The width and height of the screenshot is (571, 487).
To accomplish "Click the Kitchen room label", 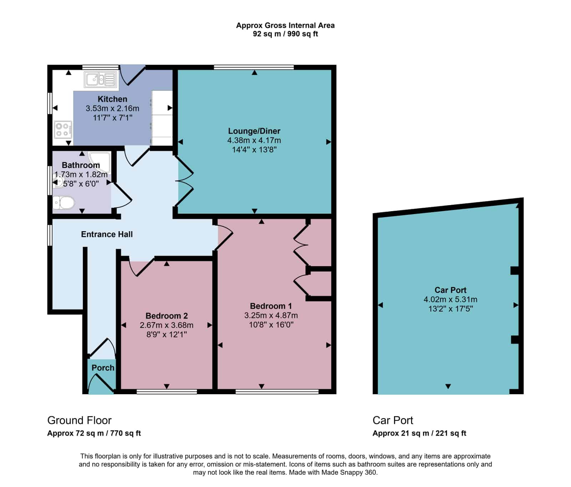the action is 112,99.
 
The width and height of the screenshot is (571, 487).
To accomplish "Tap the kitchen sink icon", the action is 100,80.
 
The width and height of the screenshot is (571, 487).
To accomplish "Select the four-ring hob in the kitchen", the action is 63,130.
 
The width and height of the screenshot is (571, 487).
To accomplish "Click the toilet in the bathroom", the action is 64,203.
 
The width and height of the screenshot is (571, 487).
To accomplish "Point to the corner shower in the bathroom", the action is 100,163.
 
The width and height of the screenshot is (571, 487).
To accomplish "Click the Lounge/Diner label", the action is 254,131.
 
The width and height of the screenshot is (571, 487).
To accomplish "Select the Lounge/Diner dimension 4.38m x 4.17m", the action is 254,141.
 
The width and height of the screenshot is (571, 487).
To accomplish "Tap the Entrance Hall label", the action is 107,234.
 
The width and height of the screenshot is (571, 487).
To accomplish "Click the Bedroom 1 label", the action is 271,306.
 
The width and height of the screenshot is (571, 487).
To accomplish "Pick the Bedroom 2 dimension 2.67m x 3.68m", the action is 167,325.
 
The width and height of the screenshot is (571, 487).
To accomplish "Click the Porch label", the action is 103,368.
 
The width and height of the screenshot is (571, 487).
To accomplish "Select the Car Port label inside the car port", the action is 450,290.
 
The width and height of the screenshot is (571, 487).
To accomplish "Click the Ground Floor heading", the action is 79,420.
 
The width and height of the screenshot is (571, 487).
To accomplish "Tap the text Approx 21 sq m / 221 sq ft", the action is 419,433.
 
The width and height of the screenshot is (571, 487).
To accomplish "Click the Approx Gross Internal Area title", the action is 285,25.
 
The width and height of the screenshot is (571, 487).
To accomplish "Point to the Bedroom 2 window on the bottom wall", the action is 167,392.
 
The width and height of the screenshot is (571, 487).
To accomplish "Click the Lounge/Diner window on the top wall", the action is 254,67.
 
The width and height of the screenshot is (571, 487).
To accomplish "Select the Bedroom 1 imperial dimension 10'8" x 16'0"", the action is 271,325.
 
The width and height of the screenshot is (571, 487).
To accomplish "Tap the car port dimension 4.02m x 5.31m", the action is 450,300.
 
